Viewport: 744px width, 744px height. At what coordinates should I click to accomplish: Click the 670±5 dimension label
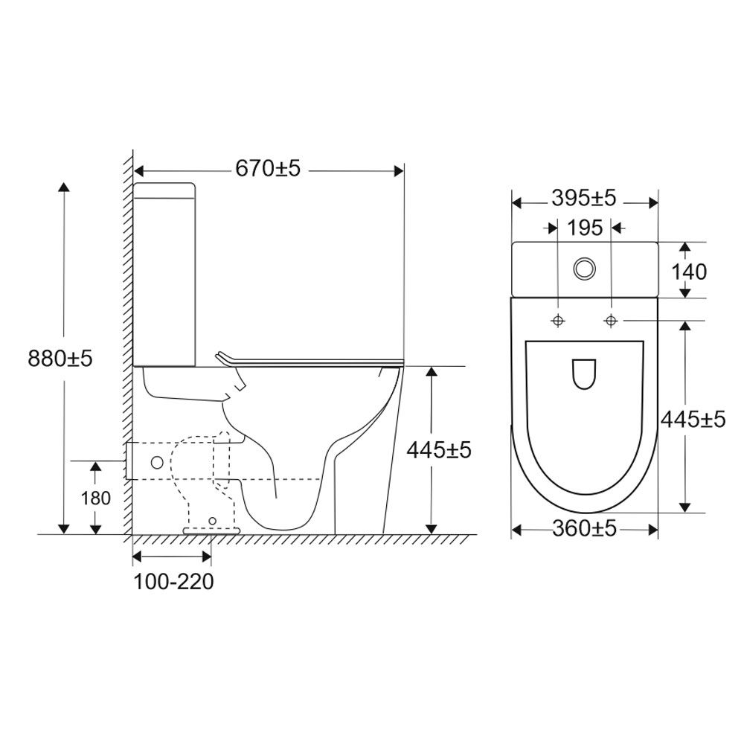point(268,168)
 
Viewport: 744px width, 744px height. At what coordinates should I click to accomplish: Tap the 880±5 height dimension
point(60,359)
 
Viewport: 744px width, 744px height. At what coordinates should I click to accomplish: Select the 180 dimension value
point(95,498)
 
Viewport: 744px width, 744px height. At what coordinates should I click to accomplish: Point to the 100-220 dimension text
point(173,582)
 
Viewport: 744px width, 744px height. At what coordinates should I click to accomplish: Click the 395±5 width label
point(584,198)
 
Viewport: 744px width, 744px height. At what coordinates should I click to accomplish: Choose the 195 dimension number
point(585,228)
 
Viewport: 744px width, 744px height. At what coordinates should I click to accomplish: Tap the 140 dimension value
point(690,272)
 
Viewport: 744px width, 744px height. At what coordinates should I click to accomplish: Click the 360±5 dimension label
point(585,528)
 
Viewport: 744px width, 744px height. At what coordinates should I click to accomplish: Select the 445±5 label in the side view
point(439,449)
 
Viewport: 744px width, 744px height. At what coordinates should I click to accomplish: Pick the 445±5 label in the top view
point(693,419)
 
